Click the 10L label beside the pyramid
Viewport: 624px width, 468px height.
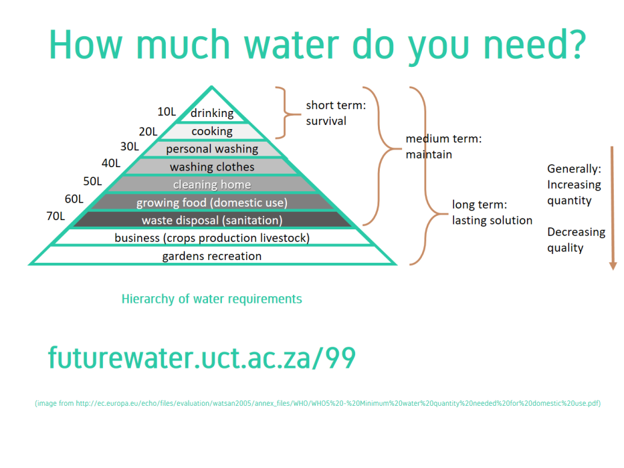tap(167, 112)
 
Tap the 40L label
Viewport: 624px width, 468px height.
tap(111, 163)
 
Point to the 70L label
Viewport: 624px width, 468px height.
tap(56, 216)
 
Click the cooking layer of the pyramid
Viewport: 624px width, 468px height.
tap(212, 131)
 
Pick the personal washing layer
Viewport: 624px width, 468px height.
tap(212, 149)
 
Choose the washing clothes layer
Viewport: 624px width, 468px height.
tap(212, 166)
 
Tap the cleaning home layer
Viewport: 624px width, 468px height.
tap(212, 185)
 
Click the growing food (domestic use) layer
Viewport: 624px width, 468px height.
tap(212, 203)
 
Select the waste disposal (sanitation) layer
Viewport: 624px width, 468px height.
tap(212, 220)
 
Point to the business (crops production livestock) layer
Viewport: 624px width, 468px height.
tap(212, 238)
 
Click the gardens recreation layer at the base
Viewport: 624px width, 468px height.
tap(212, 256)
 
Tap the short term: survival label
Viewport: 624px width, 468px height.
tap(336, 113)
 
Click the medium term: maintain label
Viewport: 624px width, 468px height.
tap(443, 146)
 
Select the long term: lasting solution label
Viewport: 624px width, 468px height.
tap(492, 213)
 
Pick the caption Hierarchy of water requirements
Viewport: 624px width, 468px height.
tap(212, 299)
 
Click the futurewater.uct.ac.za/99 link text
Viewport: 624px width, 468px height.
tap(202, 358)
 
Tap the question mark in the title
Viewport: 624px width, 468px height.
tap(576, 43)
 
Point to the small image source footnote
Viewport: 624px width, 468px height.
tap(318, 403)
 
